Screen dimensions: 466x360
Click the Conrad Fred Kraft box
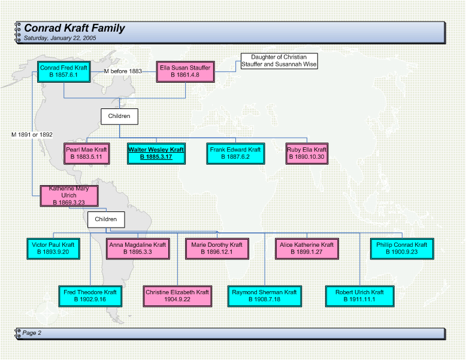click(x=64, y=72)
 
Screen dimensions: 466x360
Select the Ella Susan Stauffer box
click(x=186, y=72)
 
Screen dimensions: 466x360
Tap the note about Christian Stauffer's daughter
click(x=279, y=61)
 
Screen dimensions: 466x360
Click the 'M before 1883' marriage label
click(x=123, y=71)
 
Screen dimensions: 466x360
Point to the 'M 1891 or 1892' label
click(x=32, y=135)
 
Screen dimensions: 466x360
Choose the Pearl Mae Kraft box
click(x=87, y=153)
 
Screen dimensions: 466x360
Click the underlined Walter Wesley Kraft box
click(x=156, y=153)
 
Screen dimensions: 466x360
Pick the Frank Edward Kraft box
click(x=235, y=153)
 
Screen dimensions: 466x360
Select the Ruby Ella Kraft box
click(x=307, y=153)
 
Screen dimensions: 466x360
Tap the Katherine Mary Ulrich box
click(x=69, y=196)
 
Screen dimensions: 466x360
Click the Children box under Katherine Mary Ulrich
click(x=106, y=219)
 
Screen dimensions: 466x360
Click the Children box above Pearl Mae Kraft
click(x=119, y=116)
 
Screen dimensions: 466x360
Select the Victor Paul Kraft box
click(x=53, y=249)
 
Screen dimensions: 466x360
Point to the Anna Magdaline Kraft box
click(x=138, y=249)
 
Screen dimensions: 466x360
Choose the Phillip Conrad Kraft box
click(x=402, y=249)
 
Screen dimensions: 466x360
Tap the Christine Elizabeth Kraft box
click(x=177, y=296)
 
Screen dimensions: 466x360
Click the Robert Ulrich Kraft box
click(x=360, y=296)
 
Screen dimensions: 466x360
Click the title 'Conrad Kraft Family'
click(x=74, y=28)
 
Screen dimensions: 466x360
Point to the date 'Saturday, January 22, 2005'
click(x=60, y=38)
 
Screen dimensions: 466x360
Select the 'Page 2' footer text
click(x=32, y=333)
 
